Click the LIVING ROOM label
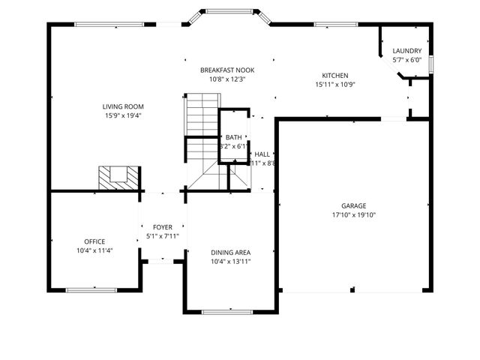(123, 106)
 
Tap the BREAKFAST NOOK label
(227, 70)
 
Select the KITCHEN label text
(335, 75)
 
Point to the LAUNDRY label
(407, 51)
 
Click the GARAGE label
(354, 205)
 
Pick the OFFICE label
(94, 241)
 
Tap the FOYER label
(163, 226)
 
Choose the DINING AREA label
(230, 252)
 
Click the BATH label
(234, 137)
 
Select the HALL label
(262, 154)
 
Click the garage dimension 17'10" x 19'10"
(354, 214)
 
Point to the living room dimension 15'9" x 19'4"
(123, 115)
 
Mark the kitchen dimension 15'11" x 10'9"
(335, 84)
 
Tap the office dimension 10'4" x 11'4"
(94, 250)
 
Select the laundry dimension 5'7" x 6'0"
(407, 60)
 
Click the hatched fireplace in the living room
(119, 177)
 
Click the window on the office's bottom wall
(91, 289)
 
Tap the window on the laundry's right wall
(431, 61)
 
